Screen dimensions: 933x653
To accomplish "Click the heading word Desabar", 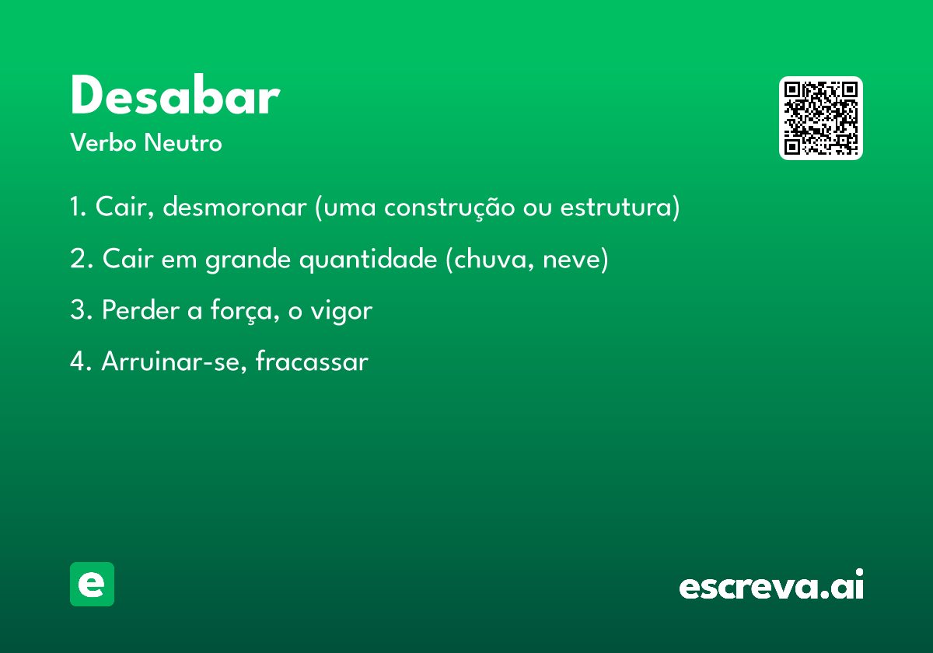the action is tap(176, 95).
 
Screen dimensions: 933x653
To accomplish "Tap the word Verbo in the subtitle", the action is tap(103, 142).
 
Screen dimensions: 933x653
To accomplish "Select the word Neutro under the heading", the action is tap(183, 142).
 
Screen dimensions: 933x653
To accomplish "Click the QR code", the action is tap(820, 118).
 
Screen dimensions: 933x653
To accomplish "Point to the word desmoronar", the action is tap(235, 207).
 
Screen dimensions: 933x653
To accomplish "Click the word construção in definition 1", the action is tap(449, 208).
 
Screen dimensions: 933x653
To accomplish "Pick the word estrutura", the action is tap(617, 208).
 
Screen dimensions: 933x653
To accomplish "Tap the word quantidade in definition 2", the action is tap(369, 260).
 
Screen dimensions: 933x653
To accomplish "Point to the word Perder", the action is tap(141, 310).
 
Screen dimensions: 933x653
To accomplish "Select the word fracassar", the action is tap(312, 361).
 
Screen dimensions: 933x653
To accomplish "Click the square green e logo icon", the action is tap(92, 584).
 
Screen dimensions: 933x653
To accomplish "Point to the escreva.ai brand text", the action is tap(771, 584).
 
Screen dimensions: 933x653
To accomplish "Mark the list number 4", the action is tap(76, 361).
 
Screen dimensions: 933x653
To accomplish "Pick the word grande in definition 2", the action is tap(248, 260).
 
